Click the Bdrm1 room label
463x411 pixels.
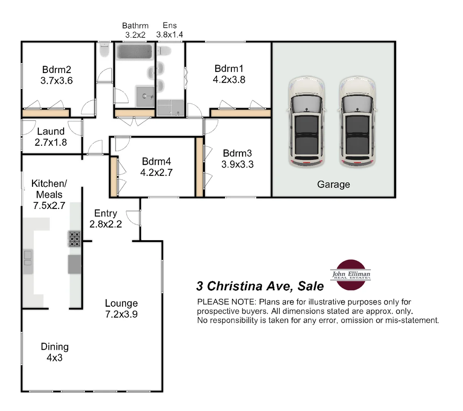click(x=229, y=68)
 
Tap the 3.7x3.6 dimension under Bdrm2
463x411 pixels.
click(x=56, y=81)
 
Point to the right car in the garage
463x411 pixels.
click(x=357, y=122)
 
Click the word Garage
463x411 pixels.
click(x=333, y=185)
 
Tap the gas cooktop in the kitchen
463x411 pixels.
click(x=75, y=239)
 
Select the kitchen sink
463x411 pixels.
click(x=28, y=258)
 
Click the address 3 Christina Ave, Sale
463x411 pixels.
click(x=260, y=286)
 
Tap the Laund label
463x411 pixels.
click(x=51, y=132)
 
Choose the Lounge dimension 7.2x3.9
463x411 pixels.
click(x=121, y=314)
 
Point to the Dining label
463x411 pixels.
click(x=55, y=347)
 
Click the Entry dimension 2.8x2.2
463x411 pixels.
click(x=106, y=224)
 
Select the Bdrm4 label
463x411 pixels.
click(x=156, y=161)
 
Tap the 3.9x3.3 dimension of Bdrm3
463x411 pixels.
click(x=238, y=164)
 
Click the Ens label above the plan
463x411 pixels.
click(x=170, y=25)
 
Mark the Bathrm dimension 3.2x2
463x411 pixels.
click(x=135, y=35)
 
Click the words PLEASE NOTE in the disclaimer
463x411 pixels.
click(x=227, y=302)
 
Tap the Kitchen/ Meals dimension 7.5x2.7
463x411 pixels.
click(x=49, y=206)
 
